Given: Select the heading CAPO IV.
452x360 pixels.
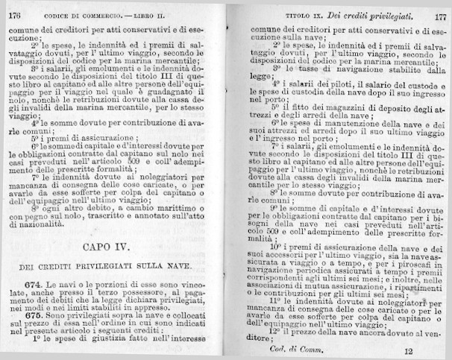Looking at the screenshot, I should click(112, 247).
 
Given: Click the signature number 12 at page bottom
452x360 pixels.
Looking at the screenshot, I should click(408, 350).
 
